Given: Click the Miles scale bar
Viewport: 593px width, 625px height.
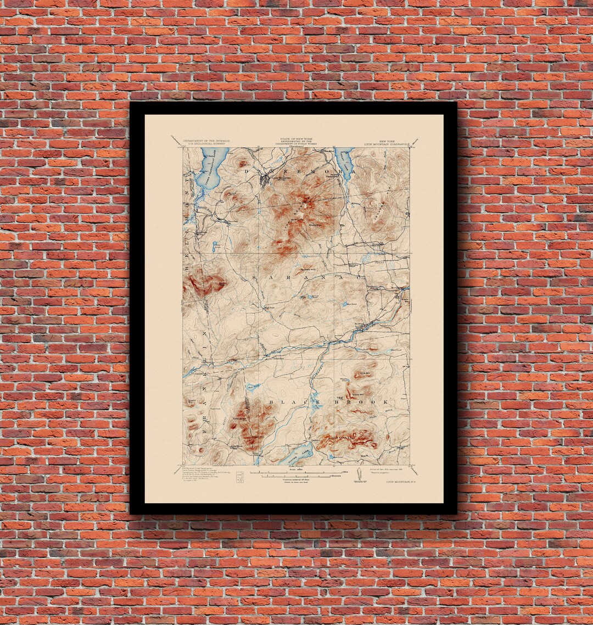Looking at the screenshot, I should pos(296,472).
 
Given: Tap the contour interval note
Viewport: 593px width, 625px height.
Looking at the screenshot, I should pos(296,479).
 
